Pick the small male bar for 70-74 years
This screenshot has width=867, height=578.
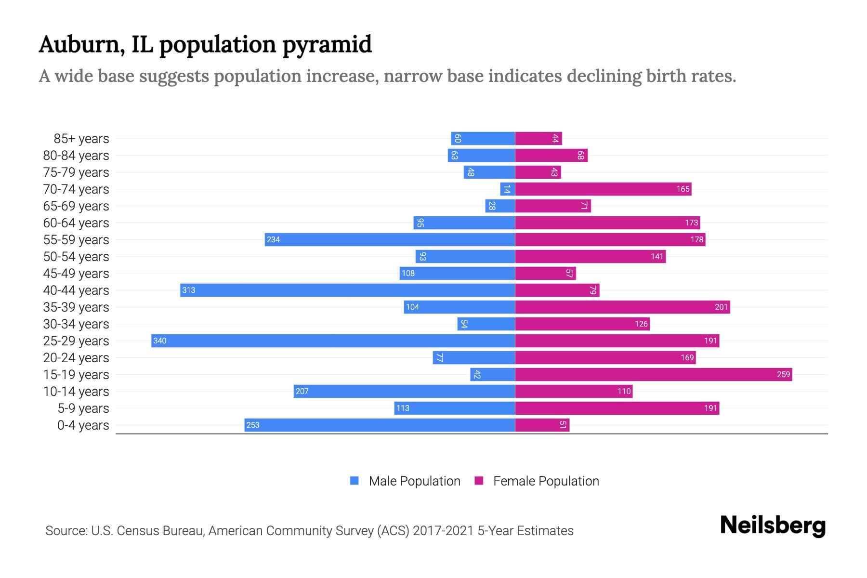tap(508, 189)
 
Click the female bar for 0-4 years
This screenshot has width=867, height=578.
tap(542, 425)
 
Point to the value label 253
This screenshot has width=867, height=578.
tap(253, 425)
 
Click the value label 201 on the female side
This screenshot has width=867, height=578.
tap(721, 307)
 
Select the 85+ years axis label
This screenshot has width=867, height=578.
tap(81, 139)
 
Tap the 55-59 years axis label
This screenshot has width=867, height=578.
tap(76, 240)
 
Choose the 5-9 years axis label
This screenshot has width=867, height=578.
tap(83, 408)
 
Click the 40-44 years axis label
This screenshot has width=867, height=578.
tap(76, 290)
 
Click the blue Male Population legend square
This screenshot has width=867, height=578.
tap(355, 481)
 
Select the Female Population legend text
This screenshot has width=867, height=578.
tap(546, 481)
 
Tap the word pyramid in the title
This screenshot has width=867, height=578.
tap(327, 45)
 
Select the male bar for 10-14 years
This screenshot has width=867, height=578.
tap(405, 391)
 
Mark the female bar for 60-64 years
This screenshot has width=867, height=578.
tap(607, 223)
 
